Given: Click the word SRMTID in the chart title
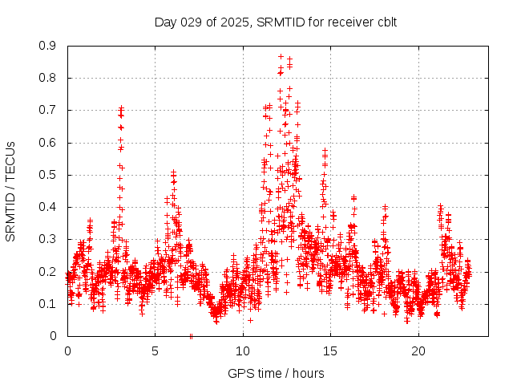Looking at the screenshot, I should click(x=278, y=22).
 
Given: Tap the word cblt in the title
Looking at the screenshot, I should click(x=385, y=22).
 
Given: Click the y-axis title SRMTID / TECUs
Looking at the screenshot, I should click(x=10, y=191).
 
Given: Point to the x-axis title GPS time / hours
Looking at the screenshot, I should click(x=276, y=373).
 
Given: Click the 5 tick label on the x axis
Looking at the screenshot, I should click(x=156, y=351).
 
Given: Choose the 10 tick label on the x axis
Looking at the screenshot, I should click(x=243, y=351).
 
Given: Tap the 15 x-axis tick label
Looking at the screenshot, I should click(x=331, y=351).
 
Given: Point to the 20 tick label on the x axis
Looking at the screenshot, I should click(x=418, y=351).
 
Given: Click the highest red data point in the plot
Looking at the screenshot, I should click(x=281, y=56).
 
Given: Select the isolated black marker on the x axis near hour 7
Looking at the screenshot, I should click(x=191, y=335).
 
